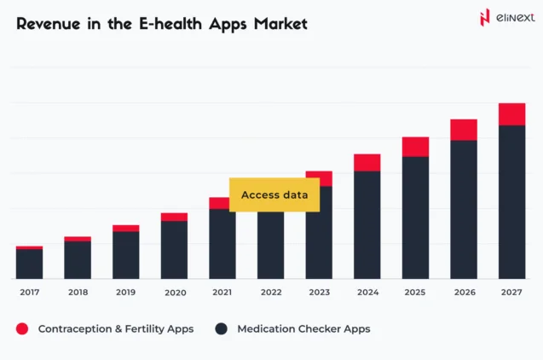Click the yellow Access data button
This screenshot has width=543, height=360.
[x=274, y=195]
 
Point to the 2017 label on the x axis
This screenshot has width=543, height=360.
[x=29, y=293]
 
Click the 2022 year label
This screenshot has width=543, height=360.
[x=270, y=293]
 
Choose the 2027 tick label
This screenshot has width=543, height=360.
[x=511, y=293]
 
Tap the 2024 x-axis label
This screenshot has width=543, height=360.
[x=367, y=293]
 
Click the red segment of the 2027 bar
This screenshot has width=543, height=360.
[x=511, y=114]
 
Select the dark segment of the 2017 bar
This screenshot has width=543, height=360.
[x=29, y=264]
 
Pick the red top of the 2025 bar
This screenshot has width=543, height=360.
[x=415, y=147]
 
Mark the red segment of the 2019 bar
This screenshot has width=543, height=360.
[x=125, y=228]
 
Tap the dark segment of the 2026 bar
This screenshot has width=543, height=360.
[x=464, y=209]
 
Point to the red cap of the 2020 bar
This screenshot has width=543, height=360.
[x=174, y=217]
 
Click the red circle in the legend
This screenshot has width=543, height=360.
[x=22, y=328]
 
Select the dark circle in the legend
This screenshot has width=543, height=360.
[x=222, y=328]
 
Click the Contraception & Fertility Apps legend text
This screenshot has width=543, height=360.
[x=115, y=328]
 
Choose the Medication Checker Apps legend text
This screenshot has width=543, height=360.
[x=303, y=328]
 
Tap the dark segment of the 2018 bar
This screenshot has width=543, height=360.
[x=78, y=259]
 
